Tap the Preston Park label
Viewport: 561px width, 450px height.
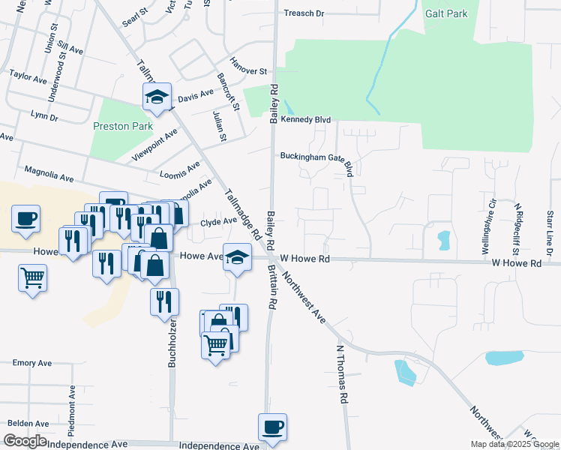coord(117,126)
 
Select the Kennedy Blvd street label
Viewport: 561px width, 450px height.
coord(306,119)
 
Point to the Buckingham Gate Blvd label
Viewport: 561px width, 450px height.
coord(315,157)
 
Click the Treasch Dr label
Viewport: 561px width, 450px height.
coord(304,13)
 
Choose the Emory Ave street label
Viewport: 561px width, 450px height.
coord(32,363)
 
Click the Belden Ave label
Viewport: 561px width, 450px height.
coord(28,424)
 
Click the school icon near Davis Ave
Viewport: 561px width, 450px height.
coord(157,96)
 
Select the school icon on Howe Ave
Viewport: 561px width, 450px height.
coord(237,257)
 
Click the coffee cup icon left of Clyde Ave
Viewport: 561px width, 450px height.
coord(25,219)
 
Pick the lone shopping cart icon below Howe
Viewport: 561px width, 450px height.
coord(32,277)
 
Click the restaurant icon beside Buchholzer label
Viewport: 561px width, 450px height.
coord(164,301)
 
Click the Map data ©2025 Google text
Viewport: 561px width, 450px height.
coord(514,444)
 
